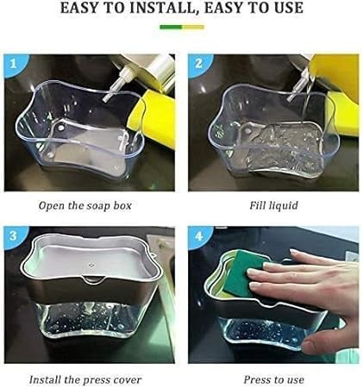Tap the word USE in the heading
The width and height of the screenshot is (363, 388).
[x=288, y=8]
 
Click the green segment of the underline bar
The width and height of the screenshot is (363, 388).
[x=172, y=27]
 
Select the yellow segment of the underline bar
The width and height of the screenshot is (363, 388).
[x=193, y=27]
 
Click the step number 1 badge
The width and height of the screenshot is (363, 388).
[x=14, y=65]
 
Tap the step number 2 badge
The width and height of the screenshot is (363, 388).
[x=198, y=65]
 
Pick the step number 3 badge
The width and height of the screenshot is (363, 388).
[x=14, y=236]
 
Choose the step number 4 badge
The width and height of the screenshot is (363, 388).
[x=198, y=236]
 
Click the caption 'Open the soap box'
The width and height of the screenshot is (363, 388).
[x=85, y=206]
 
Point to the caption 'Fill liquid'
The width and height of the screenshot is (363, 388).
[x=273, y=206]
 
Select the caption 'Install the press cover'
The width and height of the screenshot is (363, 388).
[x=85, y=379]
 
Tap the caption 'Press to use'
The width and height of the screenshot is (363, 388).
[x=273, y=379]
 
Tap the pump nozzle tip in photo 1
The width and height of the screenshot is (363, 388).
[x=106, y=98]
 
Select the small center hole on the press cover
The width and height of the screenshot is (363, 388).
[x=91, y=265]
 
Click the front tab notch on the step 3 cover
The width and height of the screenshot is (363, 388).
[x=92, y=278]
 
